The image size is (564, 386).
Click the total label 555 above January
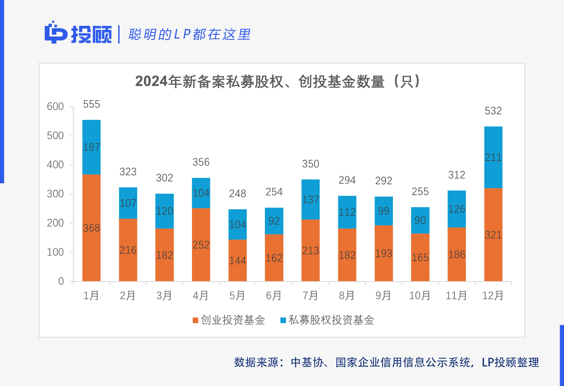pos(91,105)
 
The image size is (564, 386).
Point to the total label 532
pos(493,111)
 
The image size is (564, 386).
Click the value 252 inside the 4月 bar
pos(201,245)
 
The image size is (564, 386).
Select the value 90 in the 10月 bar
pos(420,220)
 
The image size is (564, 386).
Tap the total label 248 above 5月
pos(237,194)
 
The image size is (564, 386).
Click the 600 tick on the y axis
pos(56,107)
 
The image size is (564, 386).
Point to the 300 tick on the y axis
pos(56,194)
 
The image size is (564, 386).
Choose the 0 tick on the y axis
pos(61,281)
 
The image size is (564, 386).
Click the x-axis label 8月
pos(347,295)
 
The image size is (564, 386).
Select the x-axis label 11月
pos(456,295)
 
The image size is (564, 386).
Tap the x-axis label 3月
pos(164,295)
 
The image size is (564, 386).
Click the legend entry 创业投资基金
pos(228,320)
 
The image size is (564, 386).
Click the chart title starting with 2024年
pos(278,82)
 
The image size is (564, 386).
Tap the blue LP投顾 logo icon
pos(56,33)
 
